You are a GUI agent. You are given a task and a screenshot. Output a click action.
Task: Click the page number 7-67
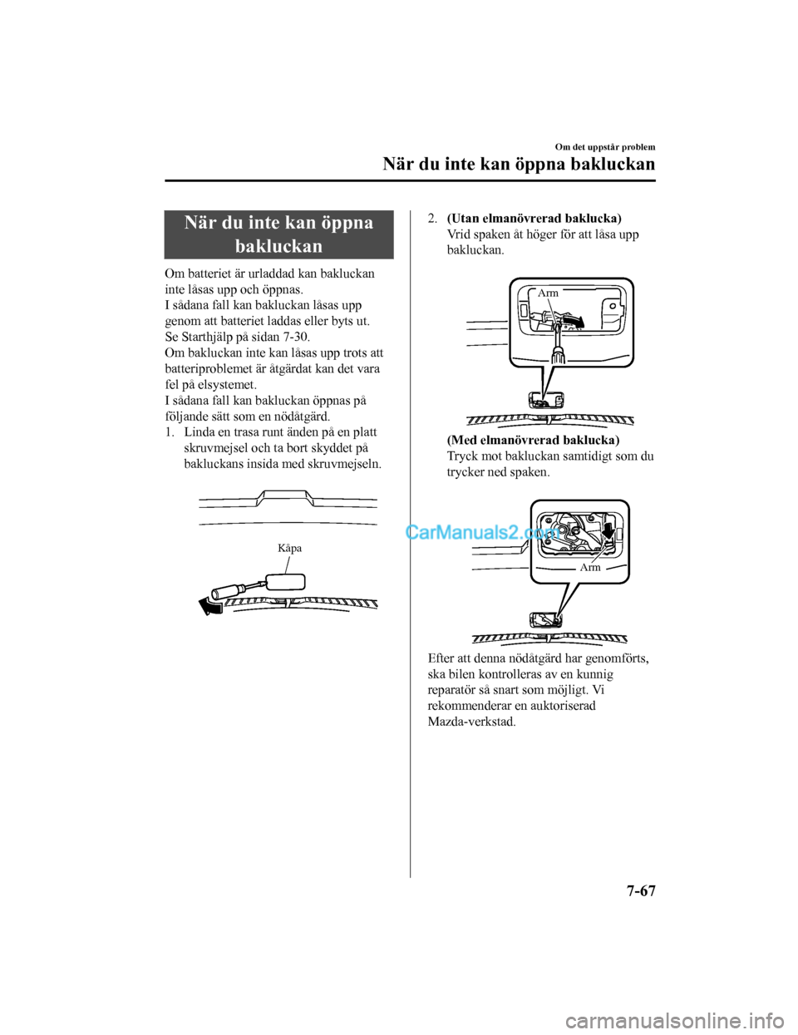pyautogui.click(x=640, y=891)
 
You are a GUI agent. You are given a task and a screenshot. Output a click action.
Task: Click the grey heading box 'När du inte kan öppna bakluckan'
pyautogui.click(x=278, y=234)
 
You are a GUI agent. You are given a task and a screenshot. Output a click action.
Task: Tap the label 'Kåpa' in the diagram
pyautogui.click(x=289, y=548)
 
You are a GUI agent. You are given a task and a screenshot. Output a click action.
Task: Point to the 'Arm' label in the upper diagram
pyautogui.click(x=548, y=293)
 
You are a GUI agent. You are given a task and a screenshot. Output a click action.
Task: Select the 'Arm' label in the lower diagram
pyautogui.click(x=590, y=567)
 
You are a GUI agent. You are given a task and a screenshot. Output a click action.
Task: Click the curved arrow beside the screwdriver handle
pyautogui.click(x=209, y=607)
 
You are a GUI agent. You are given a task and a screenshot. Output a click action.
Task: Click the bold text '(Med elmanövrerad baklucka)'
pyautogui.click(x=533, y=440)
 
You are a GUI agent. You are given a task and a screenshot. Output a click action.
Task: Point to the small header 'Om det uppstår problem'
pyautogui.click(x=605, y=147)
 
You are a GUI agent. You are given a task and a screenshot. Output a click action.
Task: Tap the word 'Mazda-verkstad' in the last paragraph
pyautogui.click(x=470, y=722)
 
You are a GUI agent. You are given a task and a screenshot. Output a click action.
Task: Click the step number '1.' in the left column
pyautogui.click(x=169, y=432)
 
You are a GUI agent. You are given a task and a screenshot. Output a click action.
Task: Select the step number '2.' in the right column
pyautogui.click(x=433, y=219)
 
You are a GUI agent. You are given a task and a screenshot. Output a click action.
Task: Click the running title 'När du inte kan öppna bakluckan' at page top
pyautogui.click(x=519, y=164)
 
